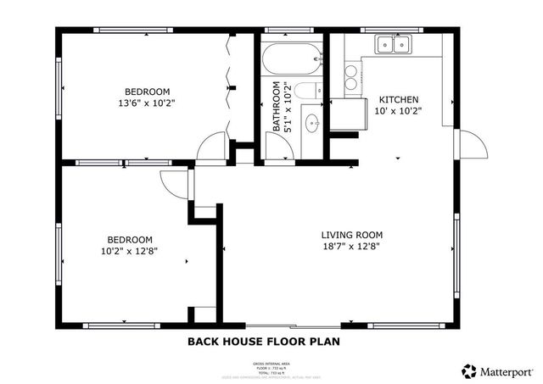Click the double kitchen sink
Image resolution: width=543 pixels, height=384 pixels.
click(393, 44)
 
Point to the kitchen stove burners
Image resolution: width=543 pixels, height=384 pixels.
click(350, 79)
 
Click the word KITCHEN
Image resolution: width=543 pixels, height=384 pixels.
click(398, 98)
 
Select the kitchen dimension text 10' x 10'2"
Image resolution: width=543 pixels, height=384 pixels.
click(398, 110)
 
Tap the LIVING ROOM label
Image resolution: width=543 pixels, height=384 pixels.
click(351, 235)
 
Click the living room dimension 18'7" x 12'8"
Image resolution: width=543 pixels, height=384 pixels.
click(351, 248)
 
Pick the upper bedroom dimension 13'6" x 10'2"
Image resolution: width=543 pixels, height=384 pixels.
click(148, 103)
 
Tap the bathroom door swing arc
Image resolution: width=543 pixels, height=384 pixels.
click(279, 149)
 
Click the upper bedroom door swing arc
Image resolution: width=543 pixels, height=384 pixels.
click(210, 147)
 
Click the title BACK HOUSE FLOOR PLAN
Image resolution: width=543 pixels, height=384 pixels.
click(263, 342)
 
